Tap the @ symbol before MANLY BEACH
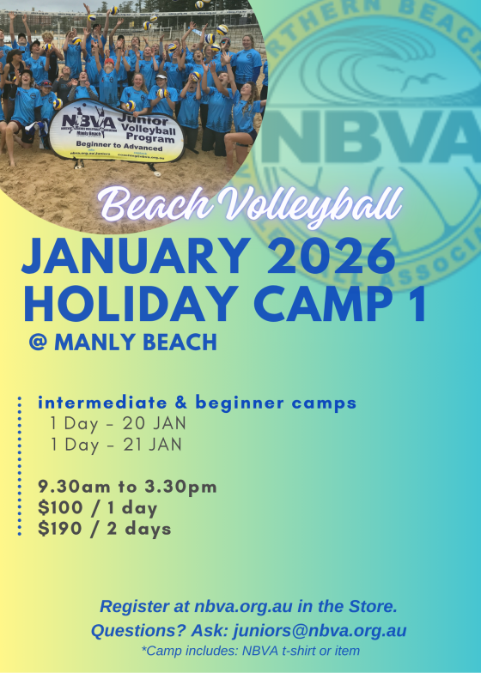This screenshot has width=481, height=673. point(38,343)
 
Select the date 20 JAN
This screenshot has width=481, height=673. point(156,423)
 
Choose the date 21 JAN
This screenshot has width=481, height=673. point(156,445)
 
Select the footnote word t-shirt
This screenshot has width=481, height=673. point(300,652)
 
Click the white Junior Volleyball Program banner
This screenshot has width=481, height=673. point(116,130)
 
